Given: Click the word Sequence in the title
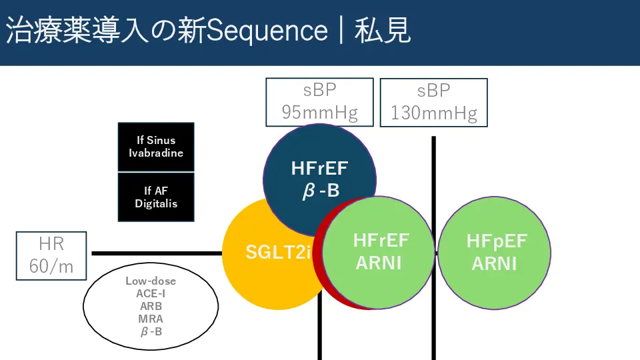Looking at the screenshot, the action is click(x=267, y=31).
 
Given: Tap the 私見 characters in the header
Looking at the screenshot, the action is click(x=382, y=30).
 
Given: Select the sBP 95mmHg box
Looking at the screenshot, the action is click(x=319, y=102).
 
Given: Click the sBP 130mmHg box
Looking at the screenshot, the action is click(x=433, y=103).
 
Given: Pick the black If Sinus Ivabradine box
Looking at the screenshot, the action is click(x=156, y=147).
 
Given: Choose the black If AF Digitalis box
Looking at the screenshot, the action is click(x=156, y=197).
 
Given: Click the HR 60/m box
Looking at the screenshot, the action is click(x=51, y=256).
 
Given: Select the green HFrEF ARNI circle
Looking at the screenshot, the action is click(x=379, y=253).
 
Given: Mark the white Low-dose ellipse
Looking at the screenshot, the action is click(x=151, y=306).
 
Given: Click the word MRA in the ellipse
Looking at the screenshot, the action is click(x=151, y=319).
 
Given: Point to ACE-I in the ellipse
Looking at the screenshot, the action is click(x=151, y=293).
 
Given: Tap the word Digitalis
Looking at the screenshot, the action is click(x=156, y=204).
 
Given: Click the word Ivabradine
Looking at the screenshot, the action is click(x=156, y=153).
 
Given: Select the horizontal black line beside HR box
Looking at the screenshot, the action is click(x=157, y=253).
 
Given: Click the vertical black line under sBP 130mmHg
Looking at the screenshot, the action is click(x=433, y=248).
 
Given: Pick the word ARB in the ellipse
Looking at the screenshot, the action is click(x=151, y=306).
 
